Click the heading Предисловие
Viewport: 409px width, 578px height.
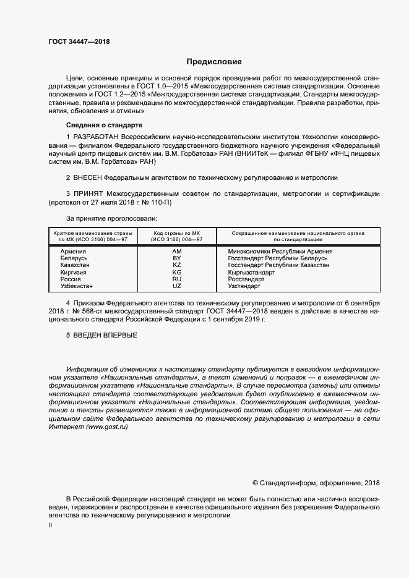[214, 62]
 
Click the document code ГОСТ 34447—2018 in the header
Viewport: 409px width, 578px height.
[79, 42]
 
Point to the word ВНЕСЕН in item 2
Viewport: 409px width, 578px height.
[88, 177]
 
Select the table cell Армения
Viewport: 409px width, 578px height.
[73, 252]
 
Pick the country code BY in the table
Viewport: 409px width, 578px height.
[177, 258]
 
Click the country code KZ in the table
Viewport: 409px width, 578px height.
[177, 265]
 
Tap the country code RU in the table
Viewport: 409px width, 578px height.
[177, 279]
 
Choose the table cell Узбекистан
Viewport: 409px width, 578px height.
[77, 286]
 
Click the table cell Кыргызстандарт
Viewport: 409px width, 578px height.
[251, 272]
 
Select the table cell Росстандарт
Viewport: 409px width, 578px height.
[246, 279]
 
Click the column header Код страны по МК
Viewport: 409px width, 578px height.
[177, 236]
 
